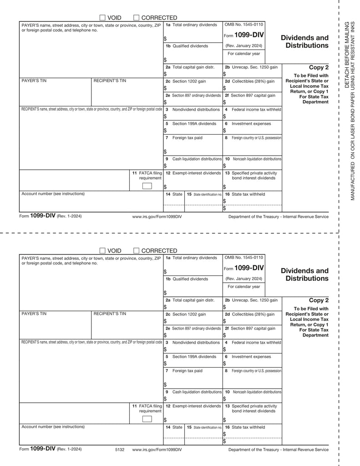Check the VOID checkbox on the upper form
click(x=102, y=18)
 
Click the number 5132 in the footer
click(x=120, y=449)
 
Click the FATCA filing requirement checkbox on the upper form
click(x=147, y=186)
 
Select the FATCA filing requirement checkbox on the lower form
click(x=147, y=419)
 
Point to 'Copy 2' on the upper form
click(x=319, y=67)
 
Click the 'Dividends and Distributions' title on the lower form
click(x=304, y=274)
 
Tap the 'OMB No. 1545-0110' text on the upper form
click(x=243, y=25)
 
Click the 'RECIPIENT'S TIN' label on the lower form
click(x=110, y=314)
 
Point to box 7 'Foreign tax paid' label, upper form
click(x=187, y=137)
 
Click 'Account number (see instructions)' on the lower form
click(x=53, y=426)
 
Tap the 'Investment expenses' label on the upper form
click(x=251, y=123)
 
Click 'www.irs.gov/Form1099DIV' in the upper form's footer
click(x=157, y=217)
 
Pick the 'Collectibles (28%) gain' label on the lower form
click(x=252, y=314)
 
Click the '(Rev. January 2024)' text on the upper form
click(x=243, y=46)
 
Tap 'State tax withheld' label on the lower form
click(x=248, y=427)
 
